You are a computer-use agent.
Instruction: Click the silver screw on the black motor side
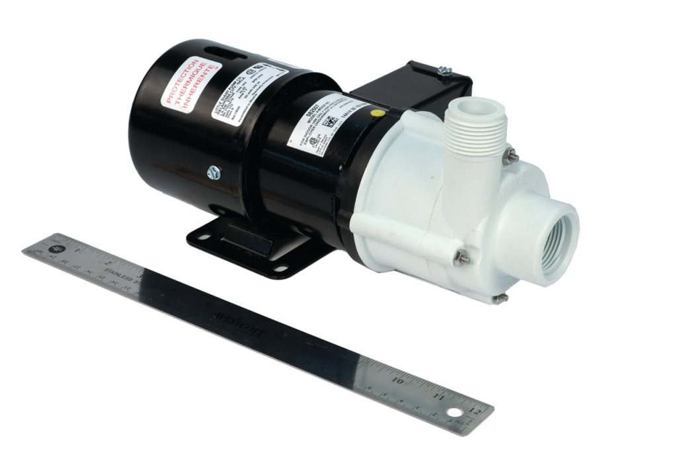[x=212, y=172]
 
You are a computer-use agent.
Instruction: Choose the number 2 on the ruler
[x=108, y=263]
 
